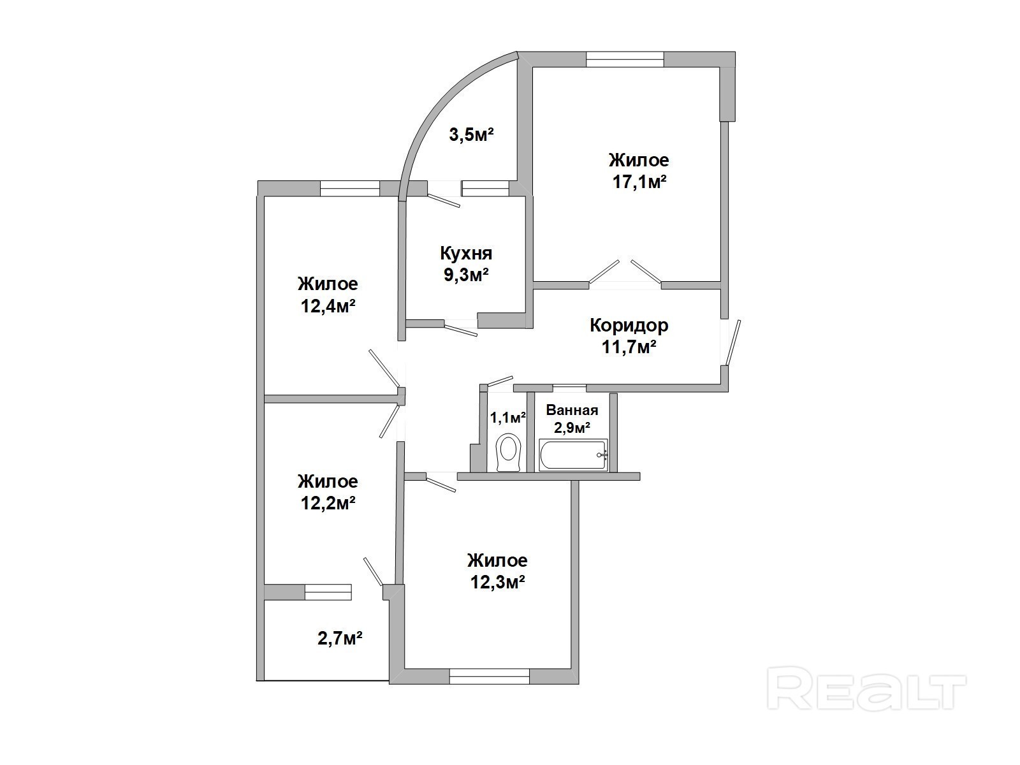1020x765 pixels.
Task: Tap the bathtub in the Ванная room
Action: click(573, 455)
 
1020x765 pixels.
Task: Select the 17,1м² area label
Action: click(639, 182)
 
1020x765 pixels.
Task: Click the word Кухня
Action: click(466, 254)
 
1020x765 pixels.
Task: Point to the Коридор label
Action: click(629, 326)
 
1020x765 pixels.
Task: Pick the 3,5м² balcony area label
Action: click(471, 135)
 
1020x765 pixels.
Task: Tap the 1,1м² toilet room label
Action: click(507, 418)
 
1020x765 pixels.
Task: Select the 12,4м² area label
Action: click(328, 305)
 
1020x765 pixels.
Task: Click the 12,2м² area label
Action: click(328, 503)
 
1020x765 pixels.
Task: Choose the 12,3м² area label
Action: click(498, 582)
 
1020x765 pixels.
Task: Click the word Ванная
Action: click(572, 410)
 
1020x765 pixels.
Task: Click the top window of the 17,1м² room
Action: click(625, 59)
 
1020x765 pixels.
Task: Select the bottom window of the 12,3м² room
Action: click(490, 676)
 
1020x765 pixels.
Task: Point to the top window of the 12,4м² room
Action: click(350, 188)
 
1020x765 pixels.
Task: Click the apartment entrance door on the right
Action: click(731, 342)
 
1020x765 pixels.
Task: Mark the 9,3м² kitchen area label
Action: click(466, 275)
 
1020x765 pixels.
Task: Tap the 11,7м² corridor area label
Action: click(629, 347)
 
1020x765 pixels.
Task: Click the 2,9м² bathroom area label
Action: click(572, 427)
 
